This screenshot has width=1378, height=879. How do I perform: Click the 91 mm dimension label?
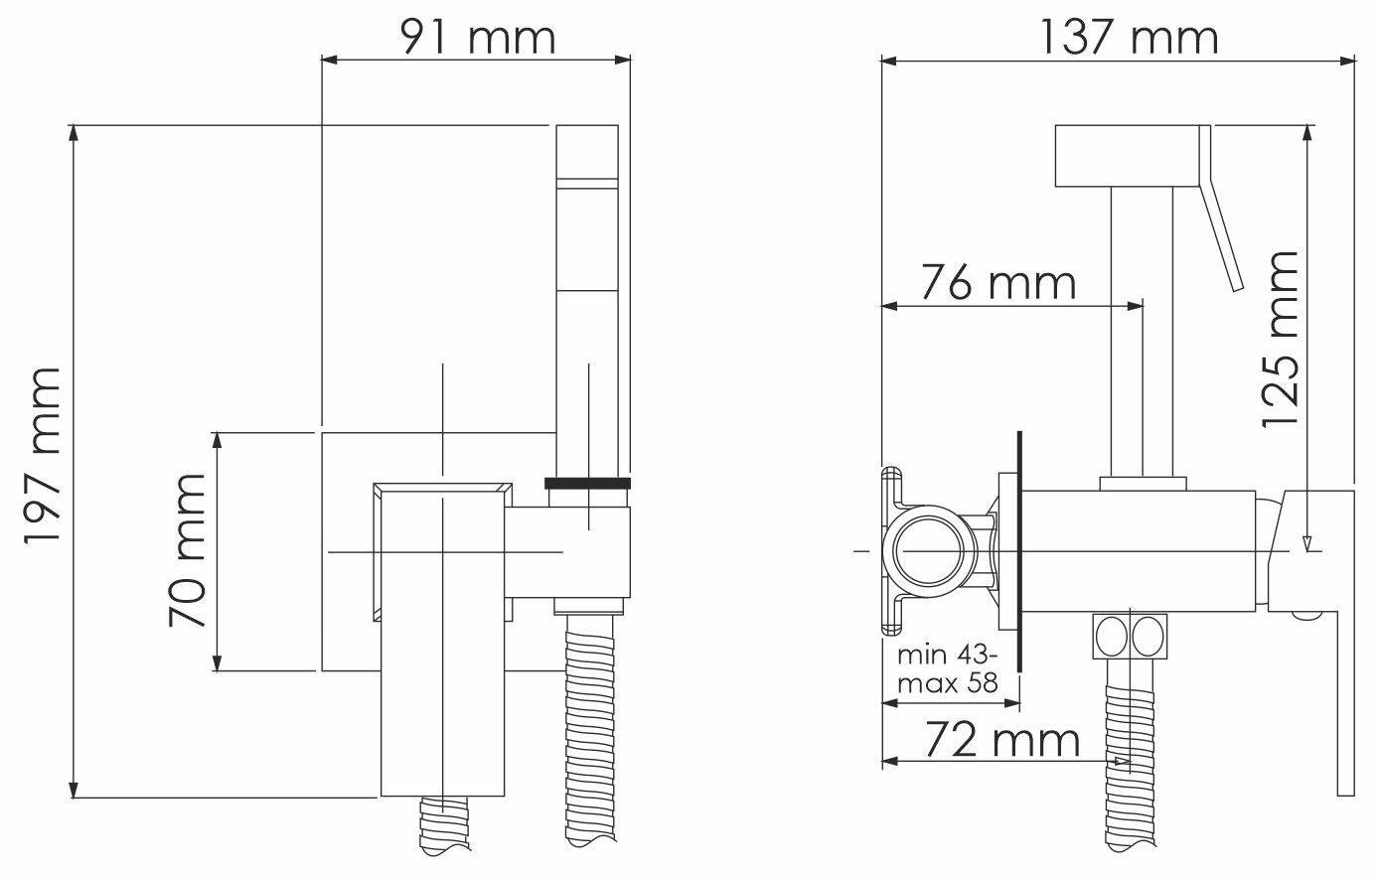478,38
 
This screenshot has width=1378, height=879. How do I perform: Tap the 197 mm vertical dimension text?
43,455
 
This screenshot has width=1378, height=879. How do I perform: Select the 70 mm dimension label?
187,550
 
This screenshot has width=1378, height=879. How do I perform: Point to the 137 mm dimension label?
1129,38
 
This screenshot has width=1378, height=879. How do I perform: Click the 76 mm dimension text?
997,282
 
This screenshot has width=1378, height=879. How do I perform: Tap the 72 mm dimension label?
1002,740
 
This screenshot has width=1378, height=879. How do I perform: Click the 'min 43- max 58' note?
948,669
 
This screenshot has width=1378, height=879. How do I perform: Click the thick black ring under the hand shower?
587,483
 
